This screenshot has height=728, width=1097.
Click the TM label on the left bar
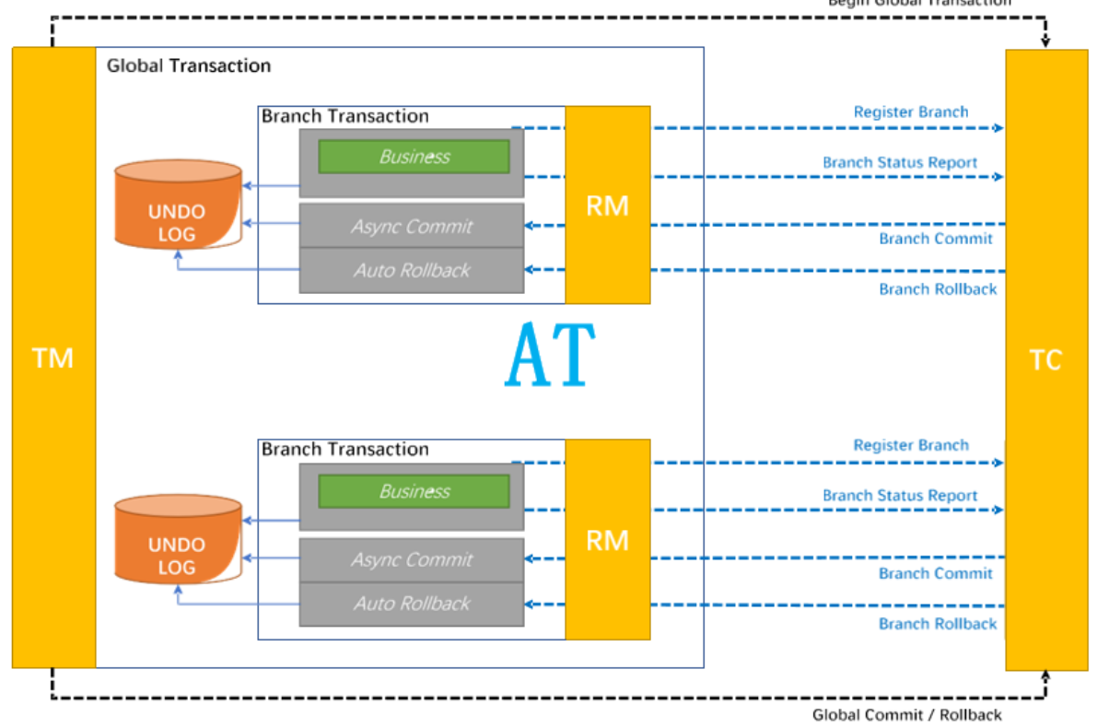pos(53,358)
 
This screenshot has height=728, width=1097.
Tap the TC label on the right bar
pos(1045,359)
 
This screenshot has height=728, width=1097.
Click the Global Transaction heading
pos(189,66)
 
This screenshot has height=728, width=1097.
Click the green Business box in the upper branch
pos(414,157)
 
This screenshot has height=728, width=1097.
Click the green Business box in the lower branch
pos(414,491)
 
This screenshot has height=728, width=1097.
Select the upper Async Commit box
pos(412,226)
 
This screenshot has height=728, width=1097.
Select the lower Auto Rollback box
pos(412,604)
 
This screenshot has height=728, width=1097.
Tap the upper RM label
pos(607,205)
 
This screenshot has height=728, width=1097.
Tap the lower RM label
pos(607,540)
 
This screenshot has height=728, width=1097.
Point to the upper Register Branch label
pos(911,112)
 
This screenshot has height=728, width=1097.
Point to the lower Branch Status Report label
pos(900,496)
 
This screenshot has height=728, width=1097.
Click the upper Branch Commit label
pos(935,239)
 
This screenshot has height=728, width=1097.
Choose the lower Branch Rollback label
pos(938,624)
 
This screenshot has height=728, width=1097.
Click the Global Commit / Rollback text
pos(906,715)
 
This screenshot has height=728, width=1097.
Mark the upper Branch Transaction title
pos(345,116)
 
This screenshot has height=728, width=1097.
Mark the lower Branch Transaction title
pos(345,450)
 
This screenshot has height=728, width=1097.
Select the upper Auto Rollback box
pos(412,270)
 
